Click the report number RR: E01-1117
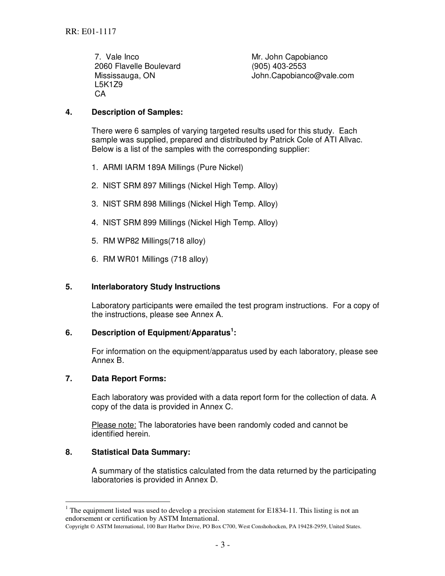[90, 32]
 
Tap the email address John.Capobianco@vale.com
[303, 75]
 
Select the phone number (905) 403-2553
[279, 66]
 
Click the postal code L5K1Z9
[108, 85]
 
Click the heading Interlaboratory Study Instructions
[156, 287]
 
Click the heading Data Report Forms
[129, 378]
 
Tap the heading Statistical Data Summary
[141, 452]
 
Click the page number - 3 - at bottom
[222, 545]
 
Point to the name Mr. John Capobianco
[289, 57]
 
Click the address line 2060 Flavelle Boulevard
[137, 66]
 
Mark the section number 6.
[68, 333]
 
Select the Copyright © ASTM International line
[213, 526]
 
